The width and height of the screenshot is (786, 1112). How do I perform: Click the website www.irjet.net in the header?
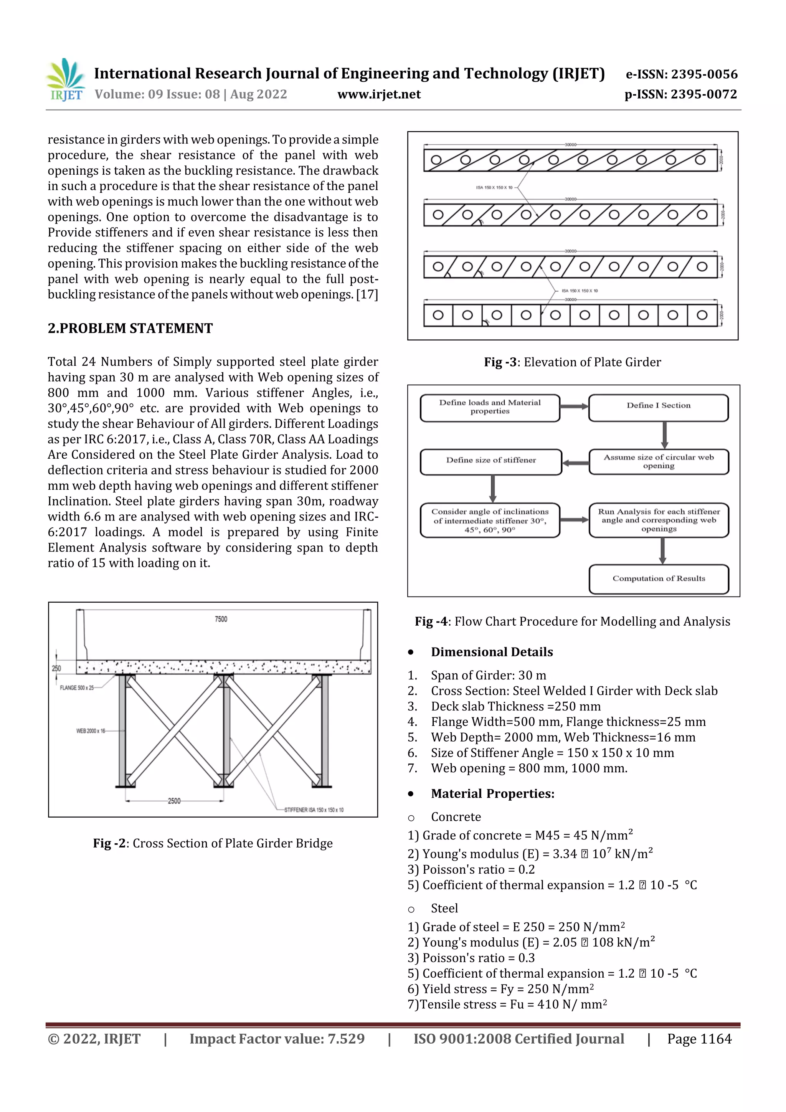click(x=379, y=94)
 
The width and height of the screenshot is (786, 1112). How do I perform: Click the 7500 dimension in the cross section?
click(x=221, y=619)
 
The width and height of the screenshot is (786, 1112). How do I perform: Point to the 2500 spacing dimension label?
click(x=174, y=801)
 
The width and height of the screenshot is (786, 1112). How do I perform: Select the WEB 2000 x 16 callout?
click(x=91, y=731)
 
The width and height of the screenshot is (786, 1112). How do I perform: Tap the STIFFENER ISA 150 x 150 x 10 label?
click(x=314, y=810)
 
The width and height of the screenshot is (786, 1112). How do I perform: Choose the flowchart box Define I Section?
click(x=658, y=406)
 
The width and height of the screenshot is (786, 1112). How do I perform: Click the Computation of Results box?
click(x=658, y=579)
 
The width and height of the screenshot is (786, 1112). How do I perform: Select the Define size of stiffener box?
click(x=490, y=461)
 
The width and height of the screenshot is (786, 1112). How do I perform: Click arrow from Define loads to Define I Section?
click(x=575, y=406)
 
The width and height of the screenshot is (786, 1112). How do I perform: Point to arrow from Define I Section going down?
click(x=664, y=435)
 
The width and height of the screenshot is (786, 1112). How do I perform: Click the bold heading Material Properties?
click(x=492, y=793)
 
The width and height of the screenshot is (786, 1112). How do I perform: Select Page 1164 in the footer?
click(x=699, y=1038)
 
